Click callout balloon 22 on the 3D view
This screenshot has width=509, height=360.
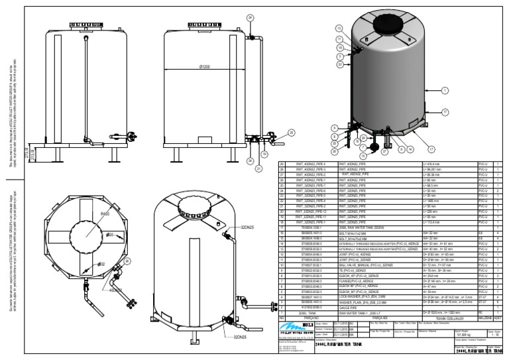[x=339, y=65]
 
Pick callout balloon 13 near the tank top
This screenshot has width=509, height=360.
[x=339, y=29]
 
